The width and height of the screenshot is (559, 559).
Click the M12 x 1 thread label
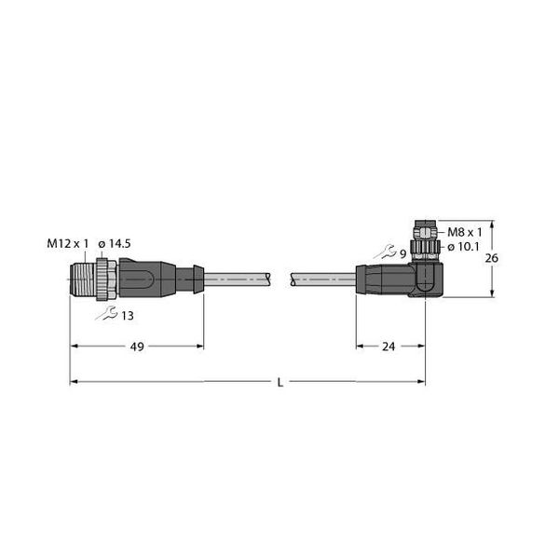67,243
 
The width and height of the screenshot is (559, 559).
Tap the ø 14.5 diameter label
115,244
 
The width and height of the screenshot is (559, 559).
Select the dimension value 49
137,347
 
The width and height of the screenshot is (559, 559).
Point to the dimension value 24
389,347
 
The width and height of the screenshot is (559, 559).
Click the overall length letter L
280,383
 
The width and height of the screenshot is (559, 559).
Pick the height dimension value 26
491,258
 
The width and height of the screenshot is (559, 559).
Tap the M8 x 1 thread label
464,232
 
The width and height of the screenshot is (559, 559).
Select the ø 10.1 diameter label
463,247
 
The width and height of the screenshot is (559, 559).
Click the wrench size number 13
128,316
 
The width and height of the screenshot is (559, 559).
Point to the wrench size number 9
402,254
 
